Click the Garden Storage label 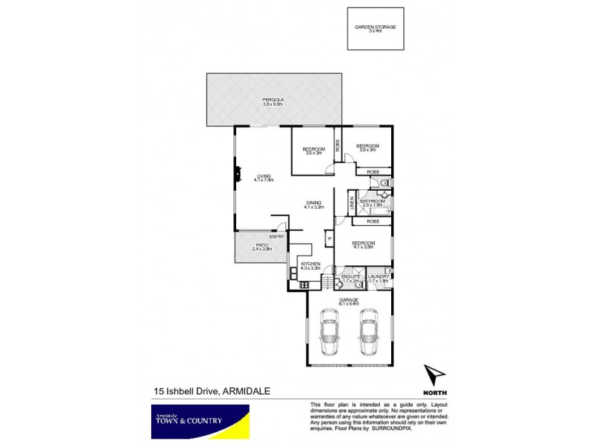(375, 28)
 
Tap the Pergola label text (273, 101)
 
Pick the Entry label (276, 237)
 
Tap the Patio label (261, 245)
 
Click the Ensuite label (351, 277)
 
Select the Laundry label (378, 277)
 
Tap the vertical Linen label (352, 203)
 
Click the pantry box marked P (328, 238)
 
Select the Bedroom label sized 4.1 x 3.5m (364, 244)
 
